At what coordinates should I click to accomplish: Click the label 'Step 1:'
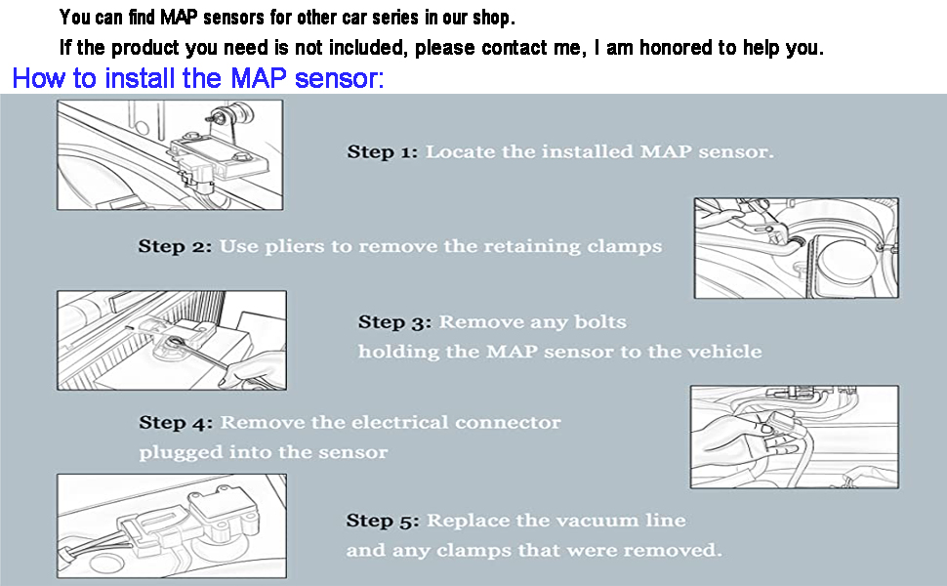coord(383,151)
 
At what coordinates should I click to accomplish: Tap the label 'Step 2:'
coord(175,246)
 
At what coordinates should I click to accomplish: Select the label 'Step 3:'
coord(395,322)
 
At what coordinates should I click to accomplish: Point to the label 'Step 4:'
coord(176,422)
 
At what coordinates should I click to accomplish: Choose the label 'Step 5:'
coord(383,521)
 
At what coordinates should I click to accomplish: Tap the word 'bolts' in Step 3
coord(600,321)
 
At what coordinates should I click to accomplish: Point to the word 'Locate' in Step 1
coord(460,151)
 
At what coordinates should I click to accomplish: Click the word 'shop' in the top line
coord(492,19)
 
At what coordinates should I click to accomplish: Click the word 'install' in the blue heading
coord(141,78)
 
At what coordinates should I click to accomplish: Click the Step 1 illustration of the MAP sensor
coord(170,155)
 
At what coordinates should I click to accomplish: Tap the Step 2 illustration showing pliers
coord(796,248)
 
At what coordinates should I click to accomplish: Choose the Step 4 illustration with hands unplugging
coord(794,437)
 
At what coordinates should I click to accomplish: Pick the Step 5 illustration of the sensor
coord(172,526)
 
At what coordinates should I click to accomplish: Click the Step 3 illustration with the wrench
coord(172,340)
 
